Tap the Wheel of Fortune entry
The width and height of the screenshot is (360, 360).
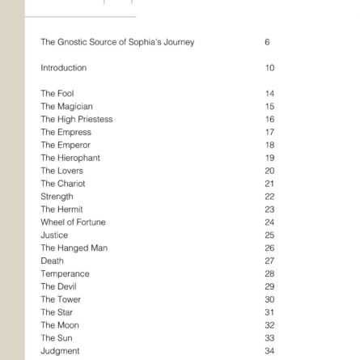click(x=73, y=222)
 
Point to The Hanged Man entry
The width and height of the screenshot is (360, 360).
click(x=74, y=248)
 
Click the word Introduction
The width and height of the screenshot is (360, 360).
click(x=63, y=68)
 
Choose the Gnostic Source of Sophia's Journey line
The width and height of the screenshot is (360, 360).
click(x=117, y=42)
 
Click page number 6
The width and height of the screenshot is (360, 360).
click(x=268, y=42)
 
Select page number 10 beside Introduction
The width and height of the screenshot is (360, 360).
click(x=269, y=68)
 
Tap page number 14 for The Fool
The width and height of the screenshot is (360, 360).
click(x=269, y=93)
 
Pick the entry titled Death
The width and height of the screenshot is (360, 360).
click(x=52, y=260)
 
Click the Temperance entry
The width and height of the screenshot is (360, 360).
click(x=65, y=273)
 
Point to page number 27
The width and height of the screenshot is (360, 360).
click(x=269, y=260)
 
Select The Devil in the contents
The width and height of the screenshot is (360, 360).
click(x=59, y=286)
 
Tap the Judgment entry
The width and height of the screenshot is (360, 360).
click(x=61, y=350)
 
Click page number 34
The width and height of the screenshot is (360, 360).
click(x=269, y=350)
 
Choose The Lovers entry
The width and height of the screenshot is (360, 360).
click(x=61, y=171)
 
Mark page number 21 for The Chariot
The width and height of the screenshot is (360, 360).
click(x=269, y=184)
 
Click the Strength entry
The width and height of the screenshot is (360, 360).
click(x=56, y=197)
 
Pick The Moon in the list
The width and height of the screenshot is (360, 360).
click(x=59, y=324)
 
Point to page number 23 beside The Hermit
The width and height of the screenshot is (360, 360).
click(x=269, y=209)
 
